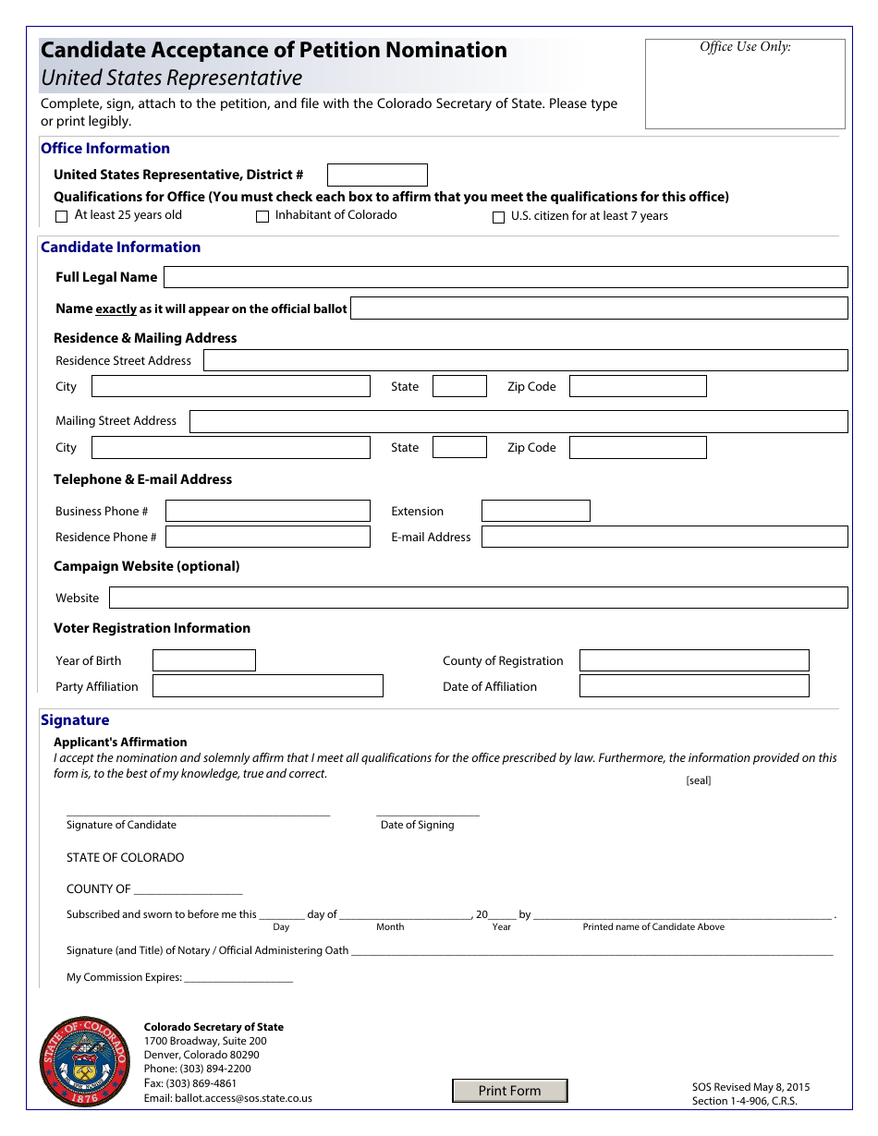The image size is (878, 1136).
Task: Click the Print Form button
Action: pos(509,1091)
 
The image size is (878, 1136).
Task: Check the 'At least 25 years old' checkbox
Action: pos(62,216)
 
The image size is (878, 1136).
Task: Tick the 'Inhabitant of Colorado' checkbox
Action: pos(262,216)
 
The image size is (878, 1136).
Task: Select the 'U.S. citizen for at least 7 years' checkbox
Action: pos(499,217)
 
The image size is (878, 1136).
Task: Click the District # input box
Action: pos(377,175)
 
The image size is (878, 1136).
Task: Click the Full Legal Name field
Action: pos(506,277)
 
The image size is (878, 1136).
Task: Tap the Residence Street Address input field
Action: pos(525,360)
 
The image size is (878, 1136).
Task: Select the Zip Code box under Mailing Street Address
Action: pos(638,448)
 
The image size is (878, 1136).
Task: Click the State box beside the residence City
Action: pos(459,386)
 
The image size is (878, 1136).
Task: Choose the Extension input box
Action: pos(535,511)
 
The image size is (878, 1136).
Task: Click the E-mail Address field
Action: pos(664,537)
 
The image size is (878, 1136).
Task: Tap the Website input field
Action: pos(478,598)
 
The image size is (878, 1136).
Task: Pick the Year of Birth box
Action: pos(203,660)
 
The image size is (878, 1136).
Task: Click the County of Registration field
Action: pos(693,660)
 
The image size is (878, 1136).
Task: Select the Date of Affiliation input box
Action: pos(693,686)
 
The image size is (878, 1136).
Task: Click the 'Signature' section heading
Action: pos(75,720)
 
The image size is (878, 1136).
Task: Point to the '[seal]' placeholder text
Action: pos(699,780)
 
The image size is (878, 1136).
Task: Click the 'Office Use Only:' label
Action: pos(745,47)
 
